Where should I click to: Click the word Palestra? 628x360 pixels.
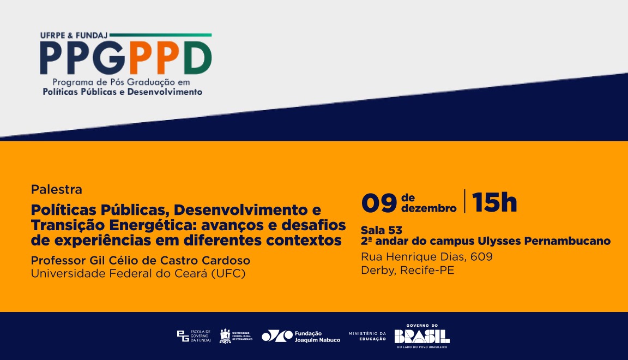click(x=57, y=190)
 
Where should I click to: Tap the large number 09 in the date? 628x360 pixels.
click(x=379, y=203)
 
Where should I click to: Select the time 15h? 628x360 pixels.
click(x=494, y=203)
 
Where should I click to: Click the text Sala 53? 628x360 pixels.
click(x=382, y=230)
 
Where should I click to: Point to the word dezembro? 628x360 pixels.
click(x=428, y=208)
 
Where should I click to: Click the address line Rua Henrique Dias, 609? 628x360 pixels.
click(x=427, y=256)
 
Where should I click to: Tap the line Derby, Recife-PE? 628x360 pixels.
click(x=407, y=270)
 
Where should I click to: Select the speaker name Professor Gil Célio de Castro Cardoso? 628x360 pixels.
click(x=140, y=260)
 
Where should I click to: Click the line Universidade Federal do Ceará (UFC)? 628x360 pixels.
click(x=138, y=273)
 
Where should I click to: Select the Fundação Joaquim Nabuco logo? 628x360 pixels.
click(x=301, y=337)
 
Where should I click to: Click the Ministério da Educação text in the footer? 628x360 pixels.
click(x=367, y=336)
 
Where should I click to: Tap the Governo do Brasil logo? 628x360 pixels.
click(x=422, y=335)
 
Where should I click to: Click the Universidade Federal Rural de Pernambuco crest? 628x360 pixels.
click(x=225, y=336)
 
